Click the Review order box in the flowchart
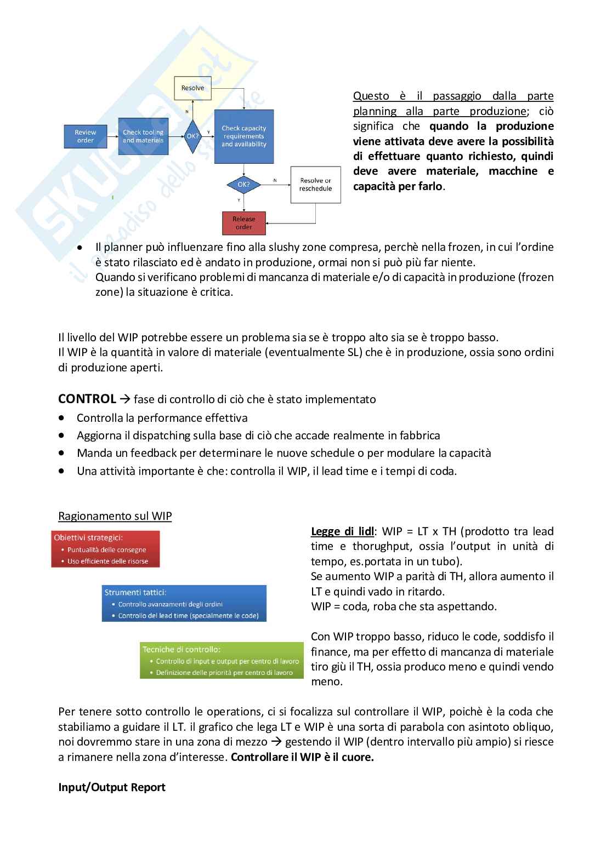tap(85, 136)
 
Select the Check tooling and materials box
tap(143, 136)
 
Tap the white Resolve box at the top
tap(192, 88)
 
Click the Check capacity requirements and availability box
tap(243, 136)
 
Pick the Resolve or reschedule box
tap(315, 185)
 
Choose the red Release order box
tap(243, 223)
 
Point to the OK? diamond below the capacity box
tap(243, 185)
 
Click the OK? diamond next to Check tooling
tap(192, 136)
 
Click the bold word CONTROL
tap(87, 399)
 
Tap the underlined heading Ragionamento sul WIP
tap(115, 516)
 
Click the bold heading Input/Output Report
tap(112, 787)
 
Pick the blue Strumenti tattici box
tap(184, 604)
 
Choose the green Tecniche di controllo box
tap(222, 661)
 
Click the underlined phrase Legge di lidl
tap(342, 531)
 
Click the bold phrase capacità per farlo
tap(397, 186)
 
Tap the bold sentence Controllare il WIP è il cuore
tap(302, 757)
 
